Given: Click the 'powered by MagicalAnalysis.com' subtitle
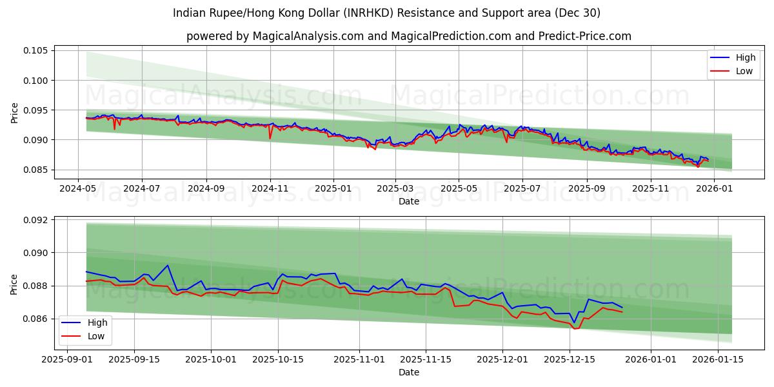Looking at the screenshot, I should [x=409, y=36].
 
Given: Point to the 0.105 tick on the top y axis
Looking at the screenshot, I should [x=36, y=51].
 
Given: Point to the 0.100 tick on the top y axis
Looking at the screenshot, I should [x=36, y=81].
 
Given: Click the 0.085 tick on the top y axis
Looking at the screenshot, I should [x=36, y=170].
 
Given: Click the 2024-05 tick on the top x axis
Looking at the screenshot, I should [x=77, y=189].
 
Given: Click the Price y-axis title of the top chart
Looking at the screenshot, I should [x=15, y=113].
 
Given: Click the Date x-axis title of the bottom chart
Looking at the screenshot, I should [x=409, y=372].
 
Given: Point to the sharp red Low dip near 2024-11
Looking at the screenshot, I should [x=270, y=138].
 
